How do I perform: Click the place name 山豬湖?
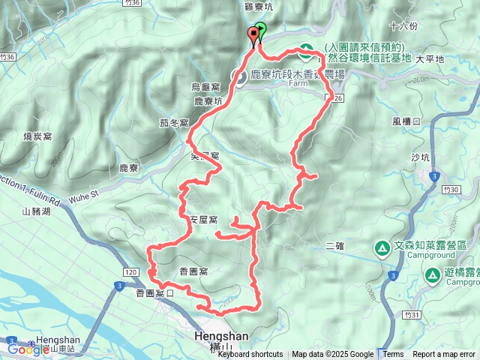36,212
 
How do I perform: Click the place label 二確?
335,245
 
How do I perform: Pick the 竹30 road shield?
451,191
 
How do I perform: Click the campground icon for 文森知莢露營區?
382,247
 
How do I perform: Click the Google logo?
28,348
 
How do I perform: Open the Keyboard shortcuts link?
250,355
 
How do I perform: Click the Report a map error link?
444,355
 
